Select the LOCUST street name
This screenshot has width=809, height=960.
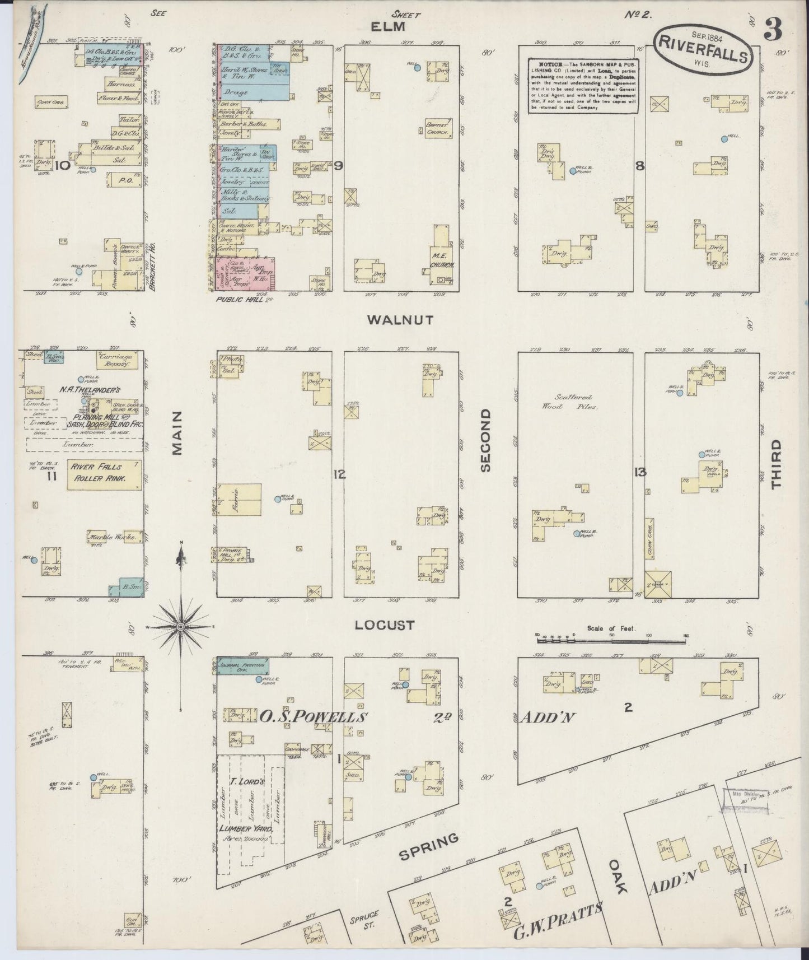pyautogui.click(x=386, y=625)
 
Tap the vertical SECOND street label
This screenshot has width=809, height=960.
pyautogui.click(x=485, y=440)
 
